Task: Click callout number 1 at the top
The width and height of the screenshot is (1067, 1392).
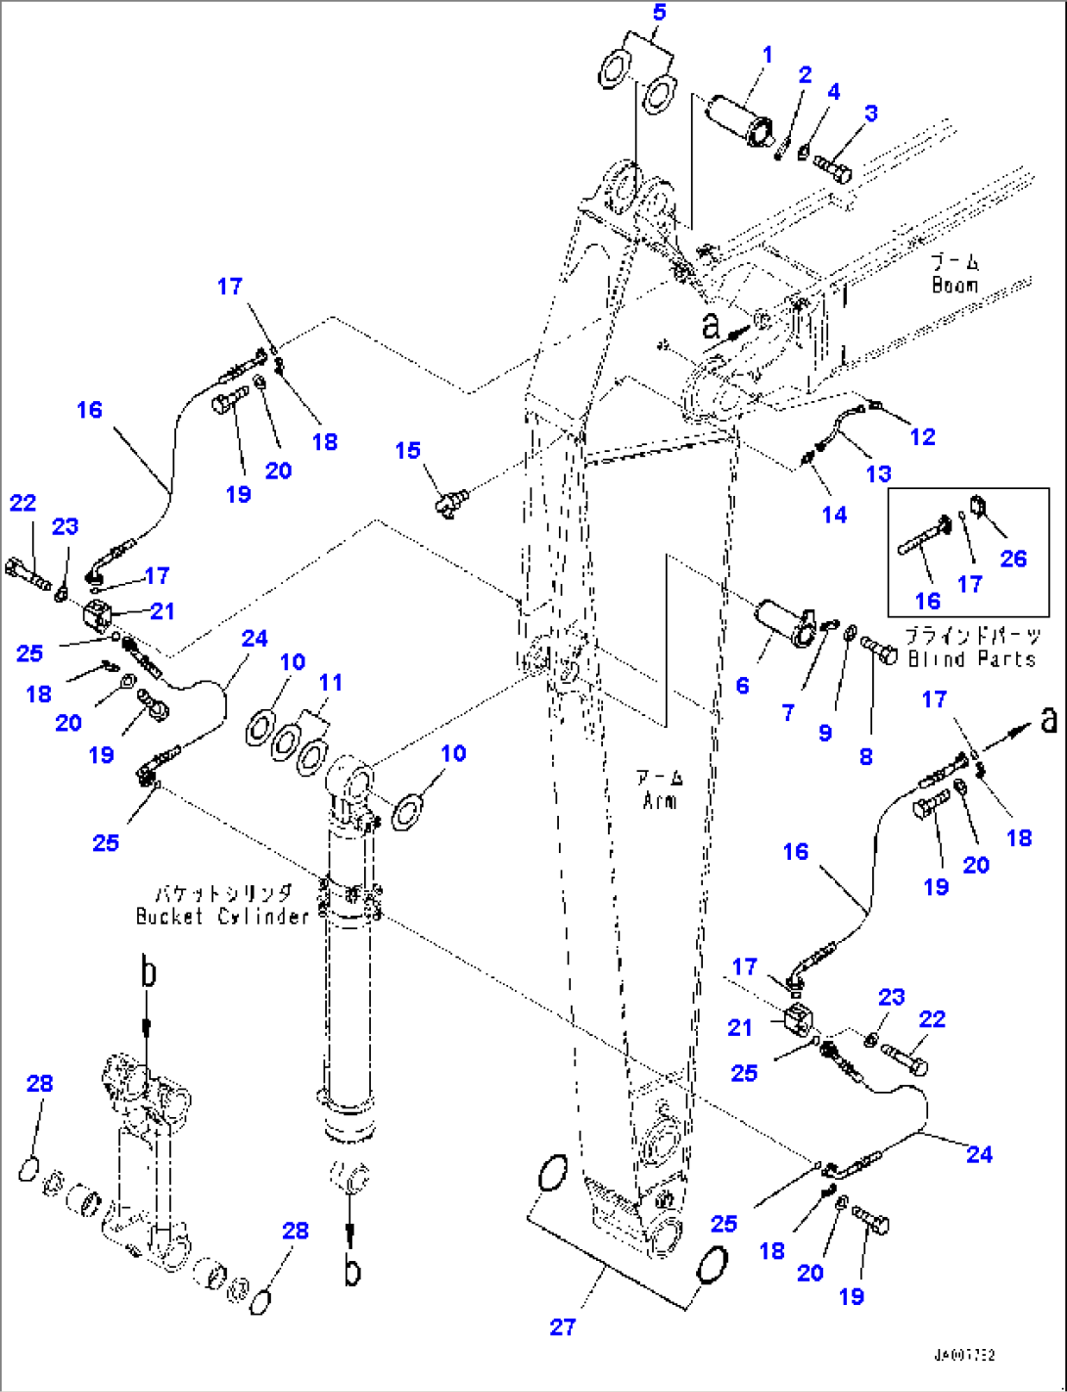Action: coord(767,55)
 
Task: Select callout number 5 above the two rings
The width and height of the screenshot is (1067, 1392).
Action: coord(659,13)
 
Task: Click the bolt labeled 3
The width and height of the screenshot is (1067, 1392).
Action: coord(833,168)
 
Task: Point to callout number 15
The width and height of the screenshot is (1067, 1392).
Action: coord(407,451)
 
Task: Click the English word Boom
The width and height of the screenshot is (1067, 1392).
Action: coord(954,285)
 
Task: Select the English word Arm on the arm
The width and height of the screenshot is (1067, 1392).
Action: coord(660,800)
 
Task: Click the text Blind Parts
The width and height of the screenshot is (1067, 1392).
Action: coord(971,658)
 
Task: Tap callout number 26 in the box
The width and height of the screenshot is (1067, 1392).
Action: coord(1013,559)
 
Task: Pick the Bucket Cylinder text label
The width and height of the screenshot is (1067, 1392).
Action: coord(222,916)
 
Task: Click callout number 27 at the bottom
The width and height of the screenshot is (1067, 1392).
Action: coord(562,1326)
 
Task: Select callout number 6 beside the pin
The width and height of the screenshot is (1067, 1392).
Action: coord(742,686)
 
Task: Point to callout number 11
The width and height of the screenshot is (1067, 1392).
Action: coord(331,682)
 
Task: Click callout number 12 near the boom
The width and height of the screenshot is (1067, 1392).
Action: coord(922,436)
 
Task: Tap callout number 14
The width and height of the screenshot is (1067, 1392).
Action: coord(834,515)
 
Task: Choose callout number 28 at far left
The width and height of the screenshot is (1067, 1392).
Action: coord(39,1083)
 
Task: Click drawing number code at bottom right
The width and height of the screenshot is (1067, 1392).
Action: coord(963,1356)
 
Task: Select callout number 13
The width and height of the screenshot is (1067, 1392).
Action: coord(878,473)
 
